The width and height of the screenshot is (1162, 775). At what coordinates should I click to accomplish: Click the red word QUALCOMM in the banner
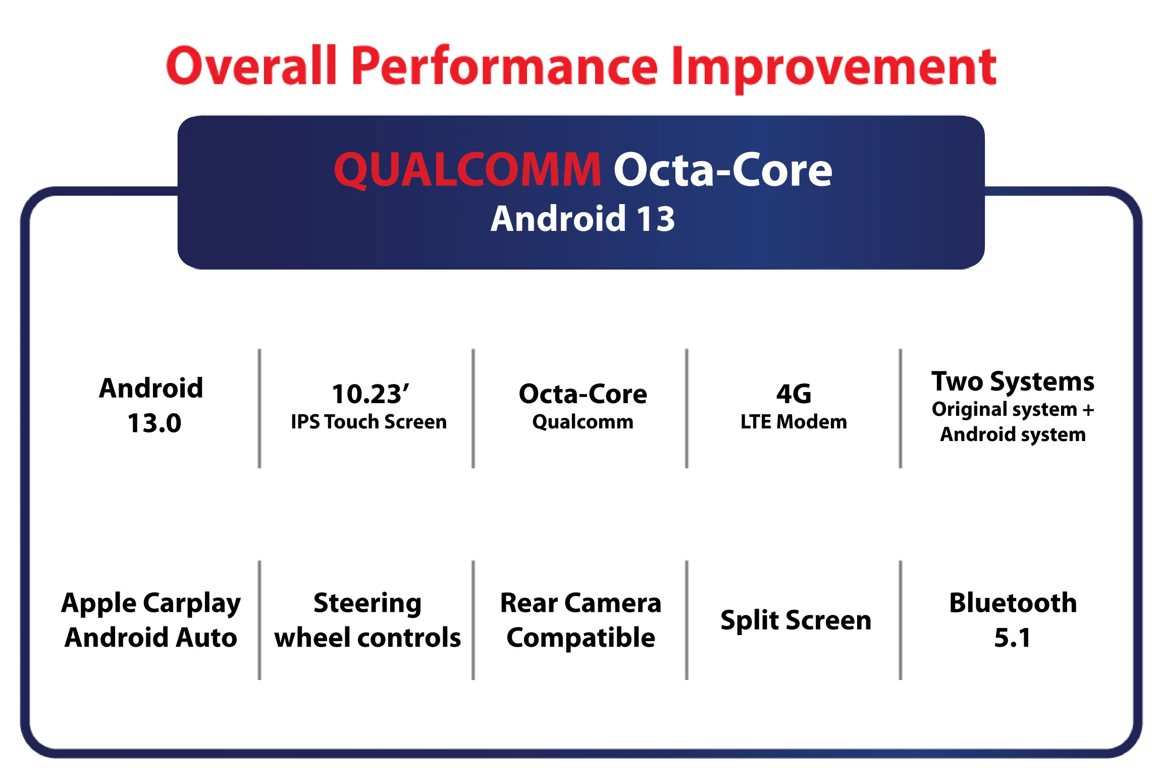pyautogui.click(x=467, y=170)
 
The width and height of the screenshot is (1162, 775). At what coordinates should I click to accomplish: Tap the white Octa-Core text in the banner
pyautogui.click(x=723, y=170)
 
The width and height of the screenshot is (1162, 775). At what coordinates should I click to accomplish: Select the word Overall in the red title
pyautogui.click(x=251, y=65)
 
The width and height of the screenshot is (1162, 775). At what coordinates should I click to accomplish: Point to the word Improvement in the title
pyautogui.click(x=834, y=69)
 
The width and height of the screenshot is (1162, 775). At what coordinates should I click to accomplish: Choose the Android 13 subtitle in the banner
pyautogui.click(x=583, y=219)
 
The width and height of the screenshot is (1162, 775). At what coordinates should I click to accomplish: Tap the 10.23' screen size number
pyautogui.click(x=370, y=394)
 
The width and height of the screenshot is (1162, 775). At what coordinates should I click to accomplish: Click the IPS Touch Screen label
pyautogui.click(x=368, y=422)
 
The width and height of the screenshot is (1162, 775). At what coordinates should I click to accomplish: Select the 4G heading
pyautogui.click(x=794, y=394)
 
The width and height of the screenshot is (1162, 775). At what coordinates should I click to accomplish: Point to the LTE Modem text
pyautogui.click(x=794, y=422)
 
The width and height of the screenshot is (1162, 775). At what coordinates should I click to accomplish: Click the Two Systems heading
pyautogui.click(x=1013, y=382)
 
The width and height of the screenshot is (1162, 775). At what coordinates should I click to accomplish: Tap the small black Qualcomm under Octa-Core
pyautogui.click(x=583, y=422)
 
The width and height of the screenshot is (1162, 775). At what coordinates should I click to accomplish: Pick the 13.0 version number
pyautogui.click(x=154, y=423)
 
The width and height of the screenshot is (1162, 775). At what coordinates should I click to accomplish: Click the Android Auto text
pyautogui.click(x=151, y=637)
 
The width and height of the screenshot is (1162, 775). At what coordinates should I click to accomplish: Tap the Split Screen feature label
pyautogui.click(x=796, y=620)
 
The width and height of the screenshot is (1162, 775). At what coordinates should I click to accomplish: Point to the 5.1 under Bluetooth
pyautogui.click(x=1012, y=638)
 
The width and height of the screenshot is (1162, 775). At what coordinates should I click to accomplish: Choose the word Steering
pyautogui.click(x=367, y=604)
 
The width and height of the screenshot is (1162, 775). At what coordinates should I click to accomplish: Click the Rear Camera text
pyautogui.click(x=580, y=603)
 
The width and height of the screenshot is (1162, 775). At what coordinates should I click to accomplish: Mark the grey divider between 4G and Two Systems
pyautogui.click(x=900, y=408)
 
